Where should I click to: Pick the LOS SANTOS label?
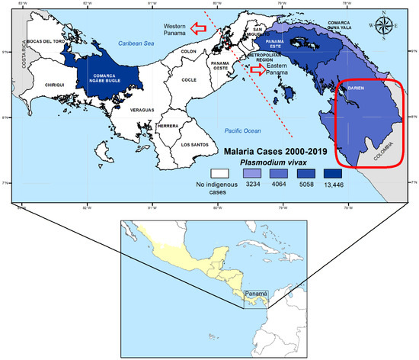pyautogui.click(x=195, y=143)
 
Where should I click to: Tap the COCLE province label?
pyautogui.click(x=188, y=79)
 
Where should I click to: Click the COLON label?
pyautogui.click(x=188, y=51)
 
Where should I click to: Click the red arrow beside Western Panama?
pyautogui.click(x=199, y=28)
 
